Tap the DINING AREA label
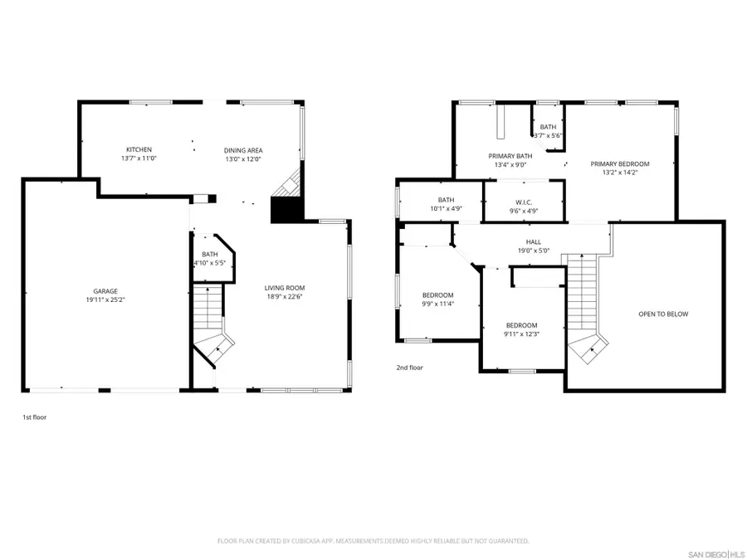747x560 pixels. pyautogui.click(x=243, y=150)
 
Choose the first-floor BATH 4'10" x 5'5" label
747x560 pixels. pyautogui.click(x=209, y=259)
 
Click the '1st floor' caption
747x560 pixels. pyautogui.click(x=34, y=417)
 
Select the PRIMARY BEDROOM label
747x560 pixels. pyautogui.click(x=619, y=164)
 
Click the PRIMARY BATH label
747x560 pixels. pyautogui.click(x=510, y=156)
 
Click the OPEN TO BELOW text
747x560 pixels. pyautogui.click(x=663, y=314)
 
